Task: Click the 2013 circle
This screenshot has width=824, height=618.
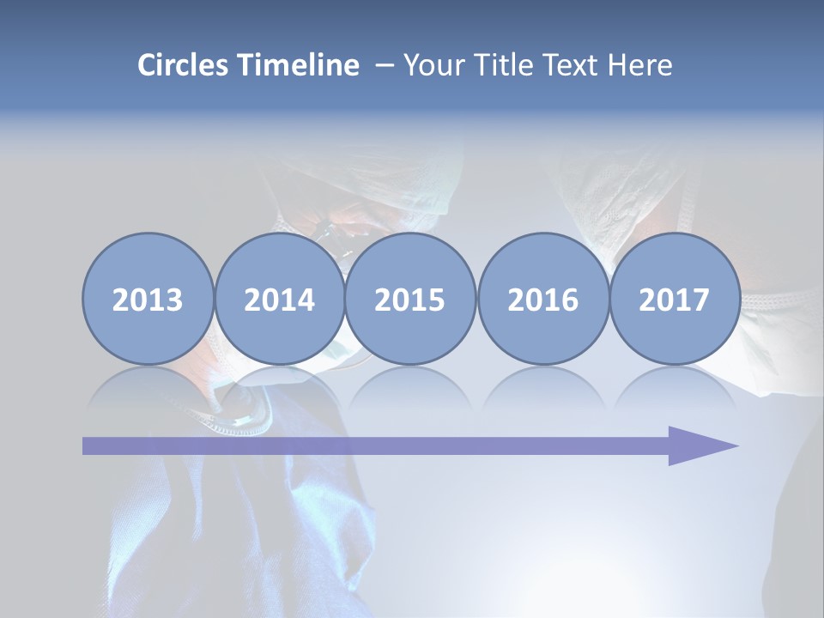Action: [148, 299]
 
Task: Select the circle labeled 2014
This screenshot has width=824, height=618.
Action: [280, 299]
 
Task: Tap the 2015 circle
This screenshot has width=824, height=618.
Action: [410, 299]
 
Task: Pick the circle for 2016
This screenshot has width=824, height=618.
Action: [542, 299]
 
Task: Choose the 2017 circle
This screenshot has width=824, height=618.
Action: [675, 299]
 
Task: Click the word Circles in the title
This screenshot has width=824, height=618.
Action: [184, 65]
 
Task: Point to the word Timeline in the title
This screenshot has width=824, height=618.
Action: [298, 65]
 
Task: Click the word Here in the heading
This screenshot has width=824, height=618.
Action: [639, 65]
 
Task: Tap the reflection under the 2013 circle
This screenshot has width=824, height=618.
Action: [148, 386]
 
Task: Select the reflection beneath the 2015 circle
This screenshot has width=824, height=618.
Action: [410, 386]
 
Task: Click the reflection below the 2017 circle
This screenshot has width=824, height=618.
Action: [675, 386]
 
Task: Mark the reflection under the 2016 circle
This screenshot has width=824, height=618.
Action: [542, 386]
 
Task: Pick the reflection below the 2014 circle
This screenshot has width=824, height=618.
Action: [280, 386]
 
